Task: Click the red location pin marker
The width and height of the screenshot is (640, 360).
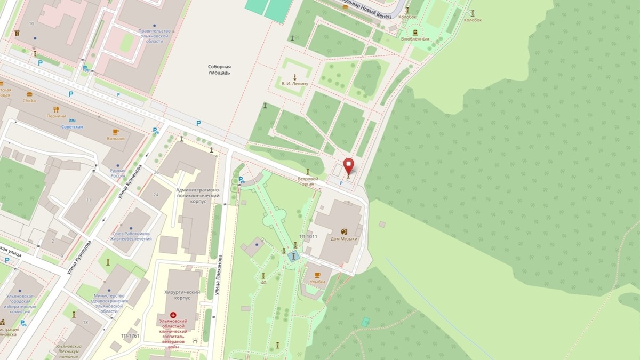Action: (x=348, y=165)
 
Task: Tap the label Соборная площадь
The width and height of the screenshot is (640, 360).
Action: (x=219, y=70)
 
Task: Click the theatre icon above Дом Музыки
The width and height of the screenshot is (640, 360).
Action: (x=344, y=231)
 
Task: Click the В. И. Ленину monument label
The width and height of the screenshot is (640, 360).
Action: (x=294, y=84)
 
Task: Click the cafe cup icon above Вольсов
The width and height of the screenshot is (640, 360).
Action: (x=115, y=131)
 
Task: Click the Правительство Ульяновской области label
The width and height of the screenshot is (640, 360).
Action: (x=155, y=36)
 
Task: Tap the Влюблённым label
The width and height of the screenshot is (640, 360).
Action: (x=415, y=39)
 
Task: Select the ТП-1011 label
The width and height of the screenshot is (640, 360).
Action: (x=309, y=236)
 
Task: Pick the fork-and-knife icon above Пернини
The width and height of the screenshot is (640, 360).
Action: (x=56, y=109)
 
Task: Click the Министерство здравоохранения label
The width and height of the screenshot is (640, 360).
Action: (x=109, y=302)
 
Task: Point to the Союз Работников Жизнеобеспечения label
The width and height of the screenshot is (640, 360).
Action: (x=131, y=236)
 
